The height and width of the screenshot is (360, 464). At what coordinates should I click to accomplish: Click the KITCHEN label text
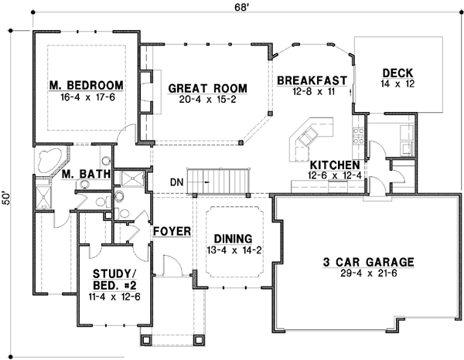[334, 165]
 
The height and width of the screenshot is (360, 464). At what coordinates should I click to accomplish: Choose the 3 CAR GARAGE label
[369, 262]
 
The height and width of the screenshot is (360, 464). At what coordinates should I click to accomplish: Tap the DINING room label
[233, 239]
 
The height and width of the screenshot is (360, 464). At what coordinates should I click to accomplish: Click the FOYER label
[171, 231]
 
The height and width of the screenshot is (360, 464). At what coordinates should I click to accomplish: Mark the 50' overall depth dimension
[8, 199]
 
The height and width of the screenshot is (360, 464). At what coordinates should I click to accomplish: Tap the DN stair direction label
[178, 183]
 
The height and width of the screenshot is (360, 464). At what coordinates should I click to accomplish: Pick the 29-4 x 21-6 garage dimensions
[369, 273]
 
